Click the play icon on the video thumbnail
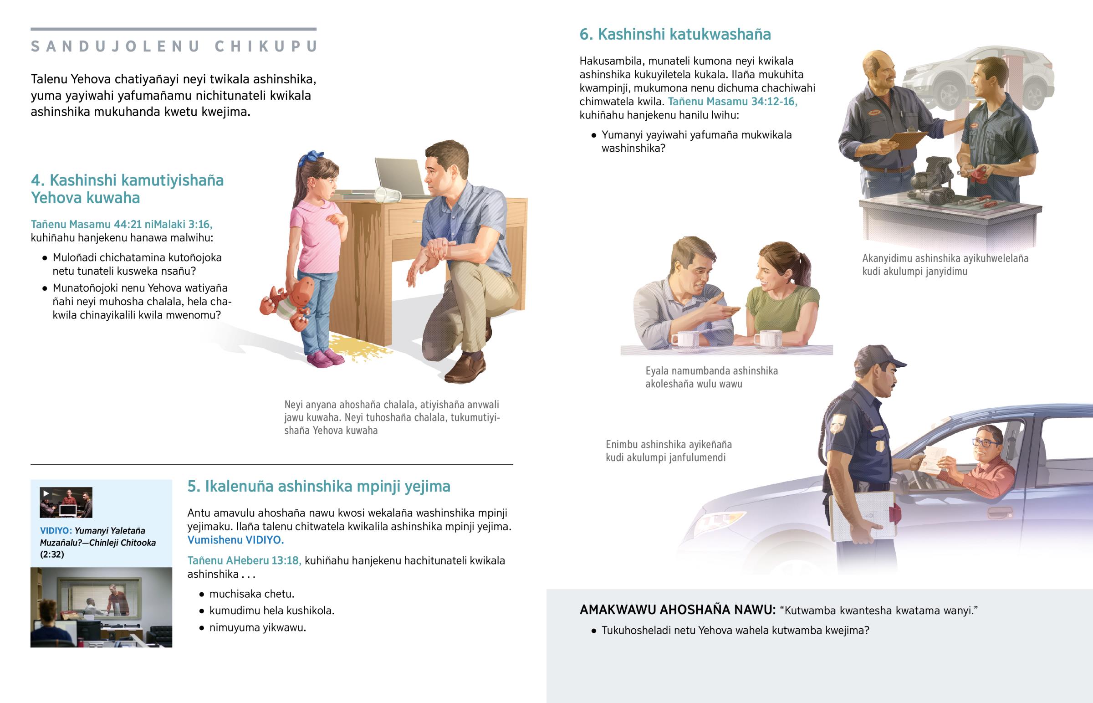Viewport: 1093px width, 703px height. pos(46,493)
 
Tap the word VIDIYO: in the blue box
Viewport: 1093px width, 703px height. pos(56,530)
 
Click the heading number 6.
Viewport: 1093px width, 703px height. pos(585,34)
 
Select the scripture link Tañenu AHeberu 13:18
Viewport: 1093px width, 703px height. pos(244,560)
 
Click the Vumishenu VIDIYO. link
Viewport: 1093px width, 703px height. pos(235,540)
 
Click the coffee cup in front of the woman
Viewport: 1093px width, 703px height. pos(768,338)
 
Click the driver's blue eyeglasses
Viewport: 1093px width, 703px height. pos(985,442)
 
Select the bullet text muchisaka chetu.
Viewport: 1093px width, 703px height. pos(251,594)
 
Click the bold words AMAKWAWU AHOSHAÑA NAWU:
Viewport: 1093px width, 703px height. pos(677,610)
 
